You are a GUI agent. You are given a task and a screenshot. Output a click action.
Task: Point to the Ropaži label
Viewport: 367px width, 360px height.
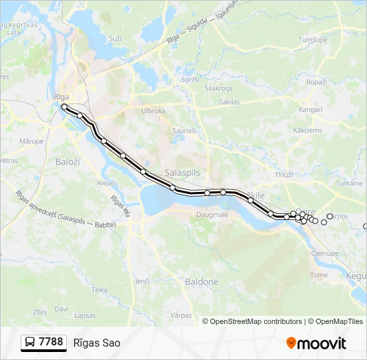coord(316,81)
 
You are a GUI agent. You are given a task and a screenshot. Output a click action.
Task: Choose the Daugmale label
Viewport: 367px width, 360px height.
coord(212,215)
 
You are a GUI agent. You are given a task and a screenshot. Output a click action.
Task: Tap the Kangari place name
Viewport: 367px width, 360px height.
coord(311,109)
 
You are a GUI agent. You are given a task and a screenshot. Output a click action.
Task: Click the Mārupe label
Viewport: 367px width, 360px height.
coord(31,141)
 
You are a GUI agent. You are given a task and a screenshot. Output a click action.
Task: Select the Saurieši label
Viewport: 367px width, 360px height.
coord(184,131)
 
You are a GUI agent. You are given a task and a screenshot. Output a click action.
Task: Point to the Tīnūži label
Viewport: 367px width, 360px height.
coord(284,175)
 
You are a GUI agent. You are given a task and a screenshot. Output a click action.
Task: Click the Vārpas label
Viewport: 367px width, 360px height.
coord(181,315)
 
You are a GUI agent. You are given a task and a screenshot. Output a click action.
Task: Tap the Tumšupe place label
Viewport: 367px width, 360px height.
coord(312,40)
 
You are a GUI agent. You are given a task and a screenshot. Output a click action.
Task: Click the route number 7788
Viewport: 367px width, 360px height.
coord(51,342)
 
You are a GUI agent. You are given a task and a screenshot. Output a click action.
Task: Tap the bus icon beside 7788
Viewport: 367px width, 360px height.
coord(30,343)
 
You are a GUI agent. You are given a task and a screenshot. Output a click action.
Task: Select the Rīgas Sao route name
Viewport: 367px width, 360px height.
coord(97,343)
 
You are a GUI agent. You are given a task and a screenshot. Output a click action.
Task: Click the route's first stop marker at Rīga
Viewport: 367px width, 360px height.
coord(64,107)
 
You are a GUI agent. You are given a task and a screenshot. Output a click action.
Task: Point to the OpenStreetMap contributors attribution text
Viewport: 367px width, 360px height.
coord(256,321)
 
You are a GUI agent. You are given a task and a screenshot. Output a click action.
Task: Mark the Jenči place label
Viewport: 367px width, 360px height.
coord(141,282)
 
